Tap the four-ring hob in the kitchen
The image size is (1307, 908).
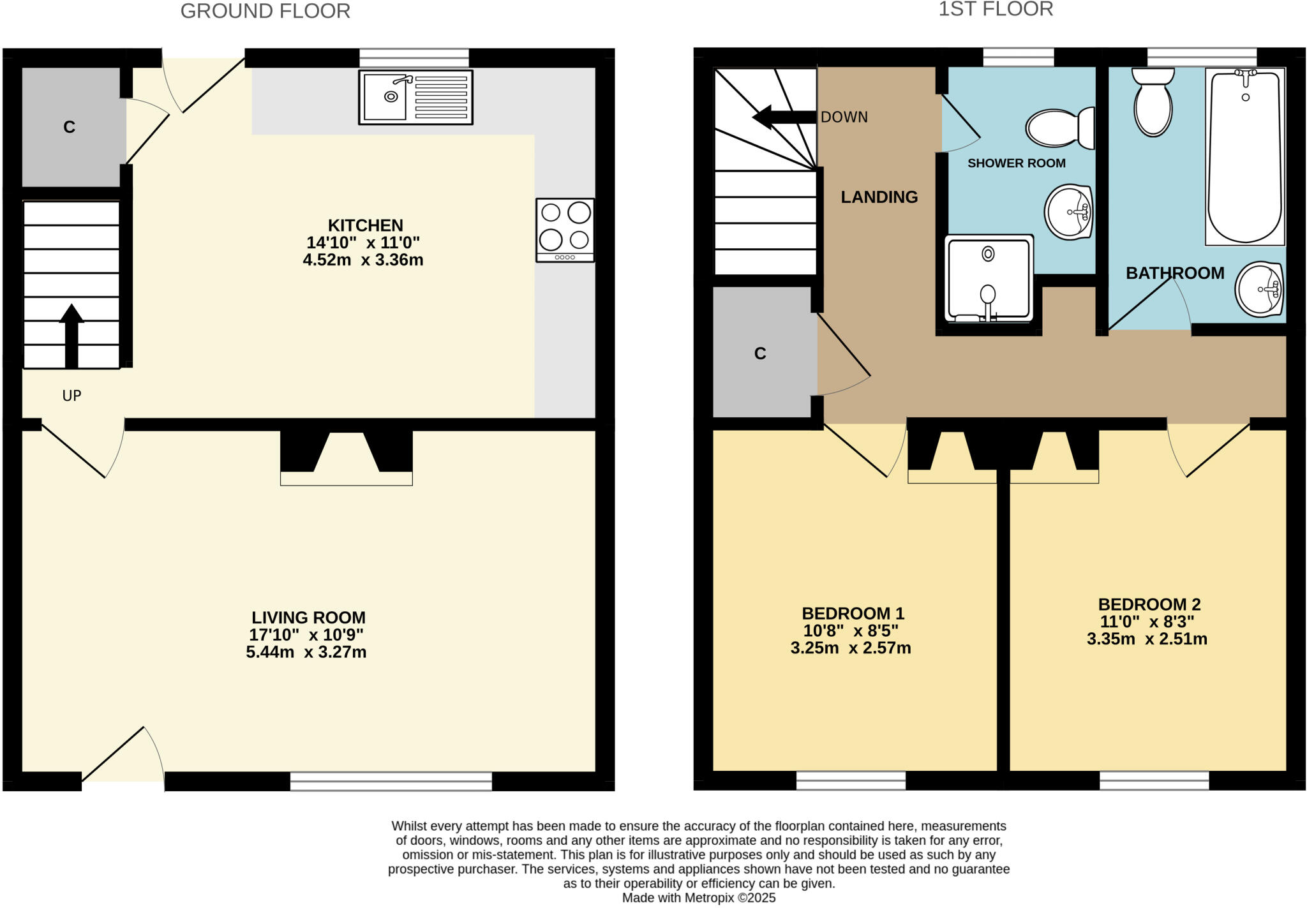[x=565, y=230]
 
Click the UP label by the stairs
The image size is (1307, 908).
[x=71, y=396]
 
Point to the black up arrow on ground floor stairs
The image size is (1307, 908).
[x=71, y=335]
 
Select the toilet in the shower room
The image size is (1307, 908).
[x=1059, y=128]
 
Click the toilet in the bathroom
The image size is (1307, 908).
[x=1153, y=102]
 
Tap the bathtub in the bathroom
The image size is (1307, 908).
[x=1244, y=156]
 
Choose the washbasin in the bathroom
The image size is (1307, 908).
[x=1259, y=289]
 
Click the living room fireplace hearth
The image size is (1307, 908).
[x=347, y=479]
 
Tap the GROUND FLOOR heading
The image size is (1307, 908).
[x=265, y=11]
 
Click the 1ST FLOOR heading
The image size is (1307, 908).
[x=995, y=9]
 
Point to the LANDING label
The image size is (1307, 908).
[x=879, y=197]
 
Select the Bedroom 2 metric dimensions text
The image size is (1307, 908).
[x=1147, y=639]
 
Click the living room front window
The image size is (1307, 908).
[x=391, y=781]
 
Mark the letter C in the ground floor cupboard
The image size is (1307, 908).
[x=70, y=127]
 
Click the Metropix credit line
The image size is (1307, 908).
[x=699, y=898]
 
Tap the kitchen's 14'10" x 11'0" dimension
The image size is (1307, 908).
[x=362, y=242]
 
